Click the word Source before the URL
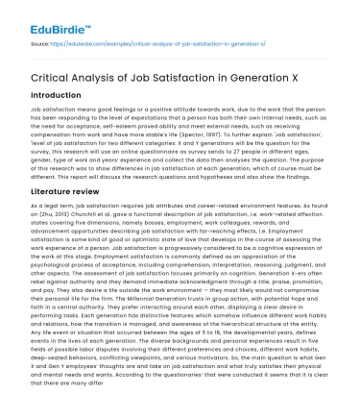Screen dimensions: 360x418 (41, 44)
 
